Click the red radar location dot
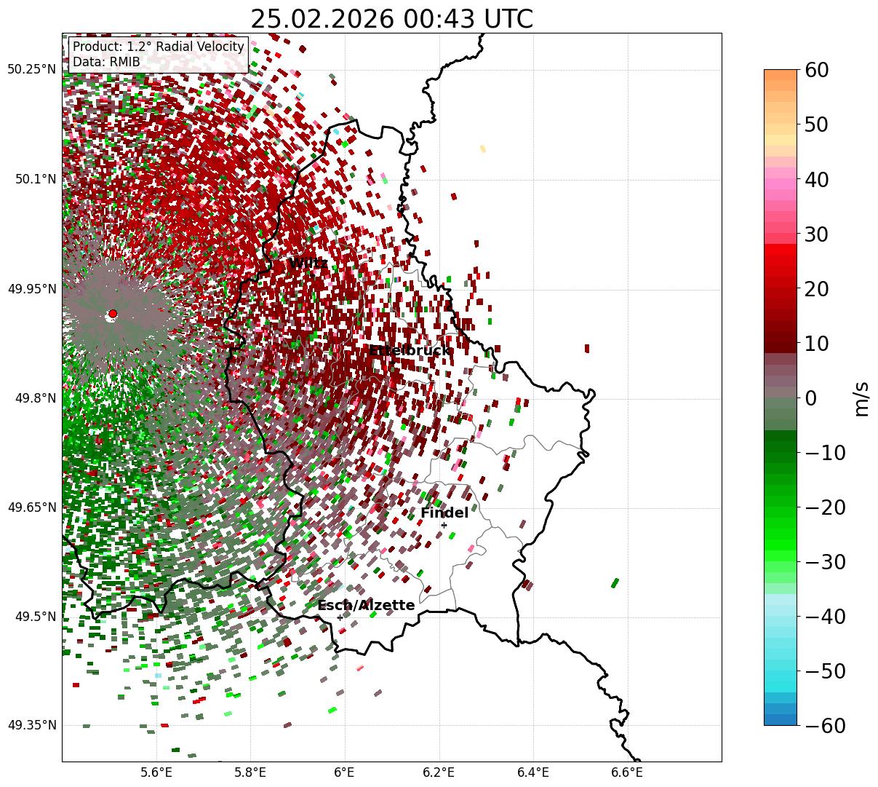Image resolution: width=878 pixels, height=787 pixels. (112, 314)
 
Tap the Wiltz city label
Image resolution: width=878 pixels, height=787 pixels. (308, 264)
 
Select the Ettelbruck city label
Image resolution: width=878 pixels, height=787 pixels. (410, 351)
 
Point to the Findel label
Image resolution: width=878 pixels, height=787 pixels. (444, 513)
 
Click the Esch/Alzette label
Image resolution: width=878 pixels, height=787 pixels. (366, 606)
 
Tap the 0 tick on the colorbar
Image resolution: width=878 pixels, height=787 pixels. (810, 398)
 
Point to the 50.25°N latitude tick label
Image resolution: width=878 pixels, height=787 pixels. (31, 70)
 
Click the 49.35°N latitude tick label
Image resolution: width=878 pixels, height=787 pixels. (31, 725)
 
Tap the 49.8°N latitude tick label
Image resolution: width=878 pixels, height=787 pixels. (35, 398)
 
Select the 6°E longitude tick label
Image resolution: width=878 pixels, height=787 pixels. (345, 772)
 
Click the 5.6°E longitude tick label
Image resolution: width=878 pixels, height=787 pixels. (156, 772)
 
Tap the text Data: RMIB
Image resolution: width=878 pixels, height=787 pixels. (106, 63)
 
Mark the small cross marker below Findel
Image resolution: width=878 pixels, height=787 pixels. (444, 525)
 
